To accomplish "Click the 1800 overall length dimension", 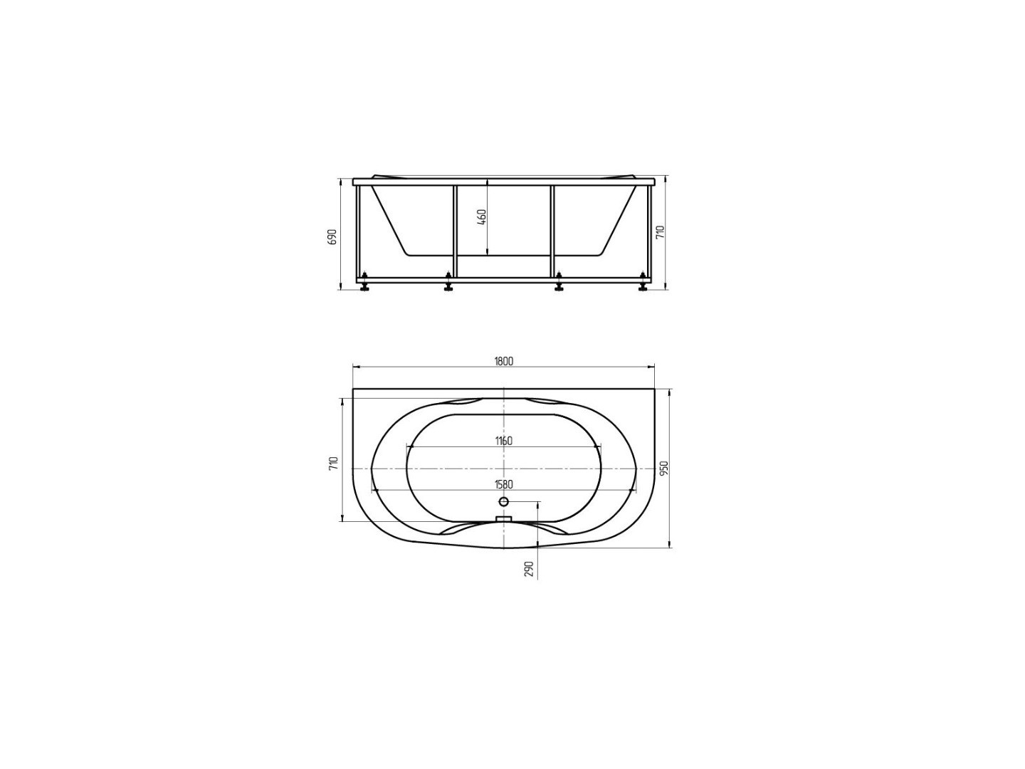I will (503, 361).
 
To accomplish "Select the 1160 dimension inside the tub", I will (503, 441).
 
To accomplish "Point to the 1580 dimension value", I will (503, 485).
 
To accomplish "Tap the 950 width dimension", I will (663, 468).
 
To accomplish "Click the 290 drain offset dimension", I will (529, 568).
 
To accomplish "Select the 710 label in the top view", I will (333, 463).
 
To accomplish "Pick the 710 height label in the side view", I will (660, 232).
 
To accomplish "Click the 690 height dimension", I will (332, 236).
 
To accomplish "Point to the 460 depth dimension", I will (481, 216).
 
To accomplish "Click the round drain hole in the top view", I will (504, 502).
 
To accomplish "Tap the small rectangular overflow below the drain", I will (504, 520).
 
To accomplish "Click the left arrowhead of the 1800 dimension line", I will (355, 367).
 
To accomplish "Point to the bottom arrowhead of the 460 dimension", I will (487, 252).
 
